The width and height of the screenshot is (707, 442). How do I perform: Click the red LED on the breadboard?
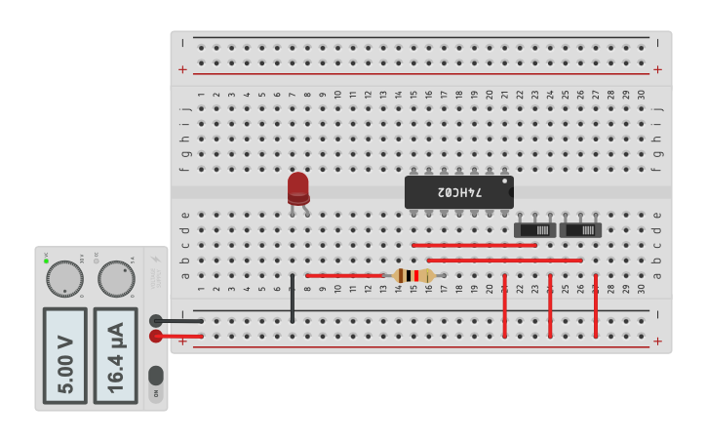[298, 187]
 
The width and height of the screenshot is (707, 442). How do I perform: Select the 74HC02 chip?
[458, 191]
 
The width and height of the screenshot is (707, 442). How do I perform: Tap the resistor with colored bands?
[414, 276]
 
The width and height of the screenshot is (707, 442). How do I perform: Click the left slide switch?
[534, 230]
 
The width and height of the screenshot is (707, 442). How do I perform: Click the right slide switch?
[580, 230]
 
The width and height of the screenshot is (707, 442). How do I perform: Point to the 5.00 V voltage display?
[64, 356]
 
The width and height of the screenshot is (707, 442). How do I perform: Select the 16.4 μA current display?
[115, 356]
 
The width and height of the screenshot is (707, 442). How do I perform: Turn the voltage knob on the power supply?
[64, 279]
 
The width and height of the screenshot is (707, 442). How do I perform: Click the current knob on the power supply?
[115, 279]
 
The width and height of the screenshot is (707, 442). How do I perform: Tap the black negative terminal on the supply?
[156, 320]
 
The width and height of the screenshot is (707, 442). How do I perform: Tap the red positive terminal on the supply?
[156, 337]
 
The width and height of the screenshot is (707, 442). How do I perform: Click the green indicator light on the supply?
[46, 261]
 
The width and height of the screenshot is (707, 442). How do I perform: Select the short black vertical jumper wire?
[293, 299]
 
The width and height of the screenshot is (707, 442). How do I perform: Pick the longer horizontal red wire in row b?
[504, 261]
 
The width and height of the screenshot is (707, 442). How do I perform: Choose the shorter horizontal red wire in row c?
[474, 245]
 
